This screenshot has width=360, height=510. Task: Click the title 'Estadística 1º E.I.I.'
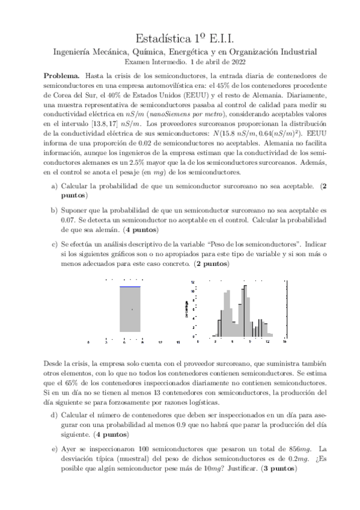click(180, 37)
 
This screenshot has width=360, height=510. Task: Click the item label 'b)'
click(55, 210)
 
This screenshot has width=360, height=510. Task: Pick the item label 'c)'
click(55, 245)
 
